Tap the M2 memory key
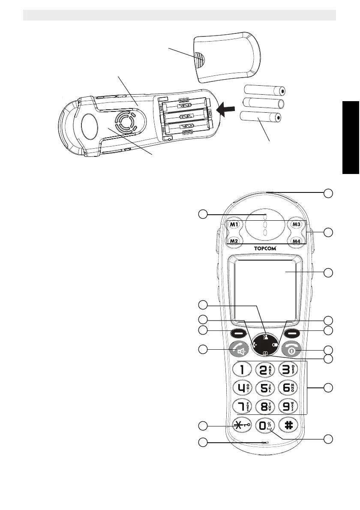pos(234,241)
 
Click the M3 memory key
pos(297,224)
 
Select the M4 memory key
pos(297,241)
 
